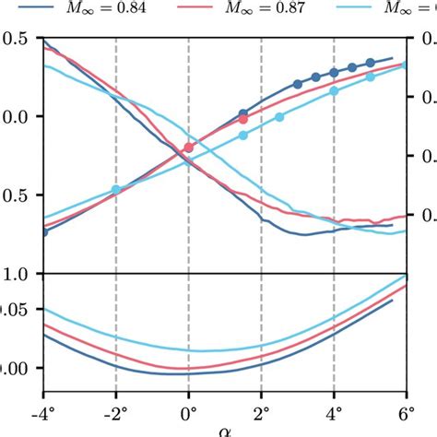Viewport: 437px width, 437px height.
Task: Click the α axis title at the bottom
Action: click(x=224, y=431)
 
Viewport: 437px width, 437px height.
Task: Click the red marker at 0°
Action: click(x=189, y=148)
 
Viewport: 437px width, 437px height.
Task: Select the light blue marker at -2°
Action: click(x=116, y=190)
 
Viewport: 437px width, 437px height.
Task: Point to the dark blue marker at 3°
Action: click(x=298, y=84)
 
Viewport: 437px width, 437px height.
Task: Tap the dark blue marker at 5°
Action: click(x=371, y=63)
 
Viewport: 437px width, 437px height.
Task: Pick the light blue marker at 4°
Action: click(x=335, y=91)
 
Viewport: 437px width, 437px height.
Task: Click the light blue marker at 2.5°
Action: click(x=280, y=117)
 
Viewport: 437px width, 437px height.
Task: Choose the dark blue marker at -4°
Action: click(x=43, y=231)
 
